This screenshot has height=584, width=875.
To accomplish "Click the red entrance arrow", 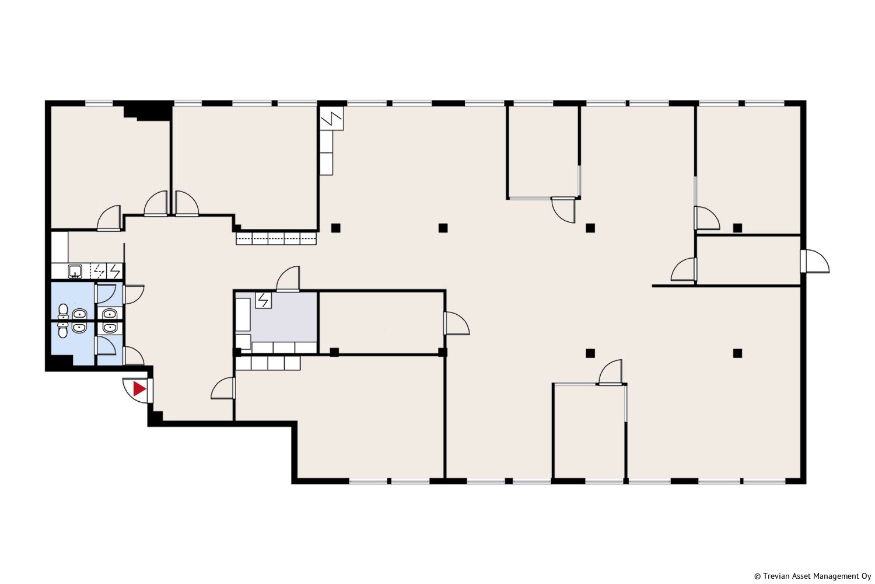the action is pyautogui.click(x=139, y=389).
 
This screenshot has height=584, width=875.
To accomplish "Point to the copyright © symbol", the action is pyautogui.click(x=757, y=576).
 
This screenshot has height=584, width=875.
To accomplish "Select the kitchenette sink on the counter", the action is pyautogui.click(x=75, y=271).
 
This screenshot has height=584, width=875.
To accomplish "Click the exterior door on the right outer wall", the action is pyautogui.click(x=814, y=261).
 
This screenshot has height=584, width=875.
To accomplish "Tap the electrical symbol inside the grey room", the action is pyautogui.click(x=264, y=300).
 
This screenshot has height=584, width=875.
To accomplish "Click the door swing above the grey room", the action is pyautogui.click(x=288, y=279).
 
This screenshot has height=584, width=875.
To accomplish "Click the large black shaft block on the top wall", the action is pyautogui.click(x=148, y=110).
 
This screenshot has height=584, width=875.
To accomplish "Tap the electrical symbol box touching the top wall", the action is pyautogui.click(x=332, y=118).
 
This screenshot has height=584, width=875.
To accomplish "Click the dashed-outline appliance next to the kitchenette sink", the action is pyautogui.click(x=98, y=270).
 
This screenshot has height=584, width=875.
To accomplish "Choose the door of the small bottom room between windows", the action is pyautogui.click(x=610, y=373).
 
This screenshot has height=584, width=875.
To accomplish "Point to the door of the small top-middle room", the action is pyautogui.click(x=563, y=210).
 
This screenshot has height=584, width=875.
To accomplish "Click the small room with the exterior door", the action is pyautogui.click(x=749, y=260).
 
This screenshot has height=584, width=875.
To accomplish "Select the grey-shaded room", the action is pyautogui.click(x=276, y=322).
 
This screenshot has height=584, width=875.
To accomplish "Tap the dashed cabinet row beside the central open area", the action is pyautogui.click(x=276, y=238).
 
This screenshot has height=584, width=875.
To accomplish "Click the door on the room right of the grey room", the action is pyautogui.click(x=457, y=323).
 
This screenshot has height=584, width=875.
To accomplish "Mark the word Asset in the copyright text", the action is pyautogui.click(x=802, y=576).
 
